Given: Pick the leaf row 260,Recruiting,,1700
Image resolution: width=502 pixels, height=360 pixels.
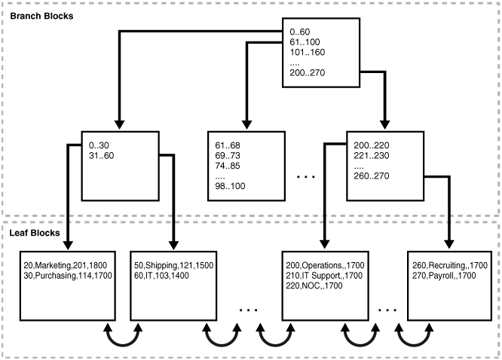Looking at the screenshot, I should pos(451,267).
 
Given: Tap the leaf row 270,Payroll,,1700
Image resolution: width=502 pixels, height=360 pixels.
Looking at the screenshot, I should pos(444,276).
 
